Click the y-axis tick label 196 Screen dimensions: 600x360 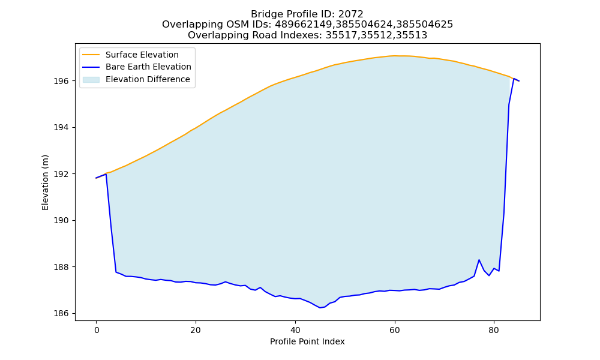pyautogui.click(x=61, y=81)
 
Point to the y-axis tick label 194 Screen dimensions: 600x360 pyautogui.click(x=61, y=127)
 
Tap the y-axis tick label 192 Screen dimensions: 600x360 pyautogui.click(x=61, y=174)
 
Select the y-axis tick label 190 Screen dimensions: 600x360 pyautogui.click(x=61, y=220)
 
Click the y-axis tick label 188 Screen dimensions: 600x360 pyautogui.click(x=61, y=267)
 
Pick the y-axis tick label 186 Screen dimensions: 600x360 pyautogui.click(x=61, y=313)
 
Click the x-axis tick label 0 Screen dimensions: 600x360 pyautogui.click(x=96, y=330)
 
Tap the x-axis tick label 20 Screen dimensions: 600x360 pyautogui.click(x=196, y=330)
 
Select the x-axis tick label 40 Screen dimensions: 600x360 pyautogui.click(x=295, y=330)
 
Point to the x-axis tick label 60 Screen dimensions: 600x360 pyautogui.click(x=395, y=330)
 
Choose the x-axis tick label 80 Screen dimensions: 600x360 pyautogui.click(x=494, y=330)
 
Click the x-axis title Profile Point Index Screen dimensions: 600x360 pyautogui.click(x=307, y=341)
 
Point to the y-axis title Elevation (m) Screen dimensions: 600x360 pyautogui.click(x=45, y=182)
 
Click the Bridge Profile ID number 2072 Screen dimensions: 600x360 pyautogui.click(x=350, y=14)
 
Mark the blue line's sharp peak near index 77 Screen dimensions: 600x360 pyautogui.click(x=479, y=260)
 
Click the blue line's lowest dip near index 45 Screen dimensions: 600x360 pyautogui.click(x=320, y=308)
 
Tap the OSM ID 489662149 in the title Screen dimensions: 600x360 pyautogui.click(x=304, y=25)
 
